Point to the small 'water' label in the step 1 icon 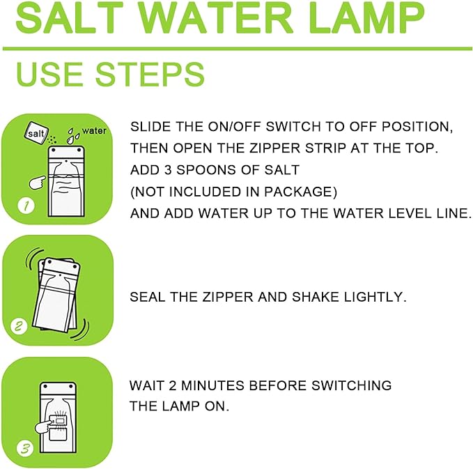point(93,130)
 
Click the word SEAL point(146,297)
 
